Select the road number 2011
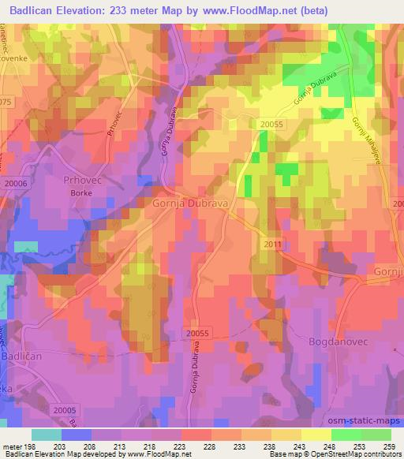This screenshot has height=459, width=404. [x=272, y=244]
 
